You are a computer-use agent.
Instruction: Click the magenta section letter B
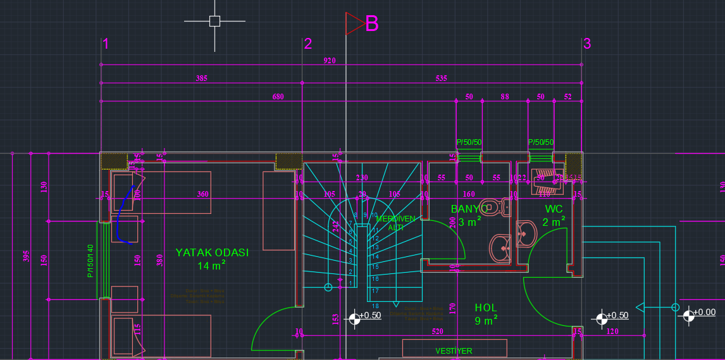point(372,23)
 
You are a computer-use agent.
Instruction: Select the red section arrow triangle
point(354,23)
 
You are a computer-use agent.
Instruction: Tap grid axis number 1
point(106,44)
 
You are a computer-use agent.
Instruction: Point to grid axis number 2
point(308,44)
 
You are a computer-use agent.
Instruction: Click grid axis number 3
point(587,44)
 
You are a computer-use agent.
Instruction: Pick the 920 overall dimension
point(330,61)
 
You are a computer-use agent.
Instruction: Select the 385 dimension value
point(201,78)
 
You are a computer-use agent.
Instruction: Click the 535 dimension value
point(441,78)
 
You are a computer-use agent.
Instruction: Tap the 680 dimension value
point(278,97)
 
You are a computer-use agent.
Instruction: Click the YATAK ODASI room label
point(211,252)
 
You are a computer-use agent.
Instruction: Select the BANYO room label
point(469,208)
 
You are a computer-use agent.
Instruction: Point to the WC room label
point(554,208)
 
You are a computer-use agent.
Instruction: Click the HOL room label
point(486,307)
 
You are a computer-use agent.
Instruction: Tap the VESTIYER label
point(454,351)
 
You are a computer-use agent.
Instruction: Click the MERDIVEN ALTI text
point(396,223)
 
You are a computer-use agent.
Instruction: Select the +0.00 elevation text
point(704,312)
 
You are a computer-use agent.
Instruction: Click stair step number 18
point(375,306)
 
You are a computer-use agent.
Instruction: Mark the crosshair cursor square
point(214,21)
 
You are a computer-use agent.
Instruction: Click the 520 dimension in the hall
point(437,331)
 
